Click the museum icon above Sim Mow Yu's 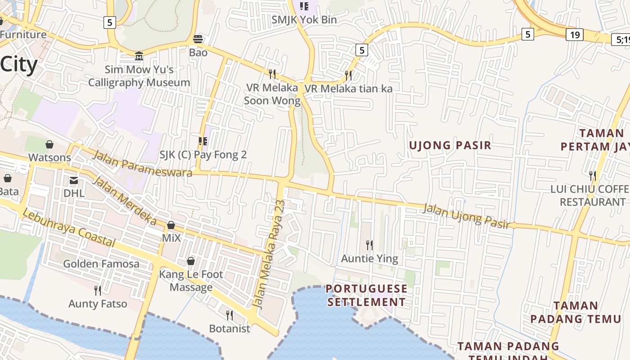[x=139, y=56]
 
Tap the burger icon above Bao [x=198, y=39]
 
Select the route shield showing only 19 [x=574, y=35]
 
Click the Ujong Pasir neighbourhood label [x=450, y=145]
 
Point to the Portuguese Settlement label [x=366, y=295]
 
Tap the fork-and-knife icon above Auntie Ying [x=369, y=245]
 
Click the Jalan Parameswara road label [x=142, y=164]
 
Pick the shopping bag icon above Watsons [x=49, y=144]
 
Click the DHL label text [x=74, y=193]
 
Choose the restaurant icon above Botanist [x=229, y=315]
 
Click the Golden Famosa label [x=101, y=264]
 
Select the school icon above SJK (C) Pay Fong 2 [x=203, y=141]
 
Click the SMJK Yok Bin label [x=304, y=20]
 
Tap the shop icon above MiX [x=171, y=225]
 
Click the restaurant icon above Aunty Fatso [x=97, y=290]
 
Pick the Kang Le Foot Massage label [x=191, y=280]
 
